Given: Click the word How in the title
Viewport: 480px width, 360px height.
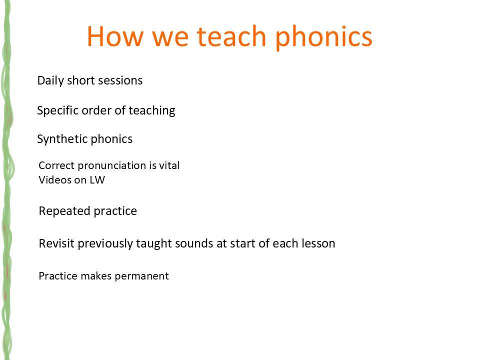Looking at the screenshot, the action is point(115,36).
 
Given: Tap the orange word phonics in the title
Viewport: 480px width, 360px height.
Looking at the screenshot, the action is point(323,37).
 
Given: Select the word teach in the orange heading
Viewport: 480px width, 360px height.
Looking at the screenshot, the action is point(231,36).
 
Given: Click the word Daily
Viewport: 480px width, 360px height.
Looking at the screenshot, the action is point(50,81).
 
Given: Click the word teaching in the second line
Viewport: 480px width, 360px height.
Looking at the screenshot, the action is point(152,110).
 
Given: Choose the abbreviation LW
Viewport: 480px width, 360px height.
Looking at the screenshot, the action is point(97,179).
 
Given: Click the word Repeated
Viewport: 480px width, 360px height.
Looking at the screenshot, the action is point(64,211).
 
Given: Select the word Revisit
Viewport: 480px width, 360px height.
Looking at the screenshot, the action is point(56,243).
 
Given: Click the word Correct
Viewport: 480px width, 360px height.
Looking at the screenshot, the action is point(56,165).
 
